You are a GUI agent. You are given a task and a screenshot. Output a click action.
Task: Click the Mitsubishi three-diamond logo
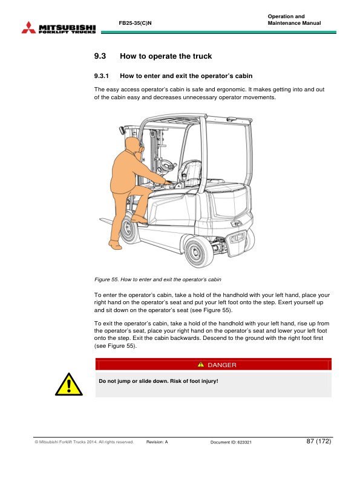28,27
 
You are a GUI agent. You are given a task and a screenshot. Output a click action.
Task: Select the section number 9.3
100,56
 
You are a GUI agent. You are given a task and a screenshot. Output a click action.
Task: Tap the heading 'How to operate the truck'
166,56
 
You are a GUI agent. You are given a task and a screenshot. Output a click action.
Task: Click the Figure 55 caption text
158,279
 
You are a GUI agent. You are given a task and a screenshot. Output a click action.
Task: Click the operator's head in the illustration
134,147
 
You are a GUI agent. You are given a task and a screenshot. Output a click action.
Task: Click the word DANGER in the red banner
221,365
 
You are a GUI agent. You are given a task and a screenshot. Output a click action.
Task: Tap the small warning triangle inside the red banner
201,365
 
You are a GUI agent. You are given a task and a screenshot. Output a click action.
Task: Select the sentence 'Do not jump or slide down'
158,381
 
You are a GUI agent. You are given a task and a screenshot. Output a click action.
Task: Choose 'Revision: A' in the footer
157,442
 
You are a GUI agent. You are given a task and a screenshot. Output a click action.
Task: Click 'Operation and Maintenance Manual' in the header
293,19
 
